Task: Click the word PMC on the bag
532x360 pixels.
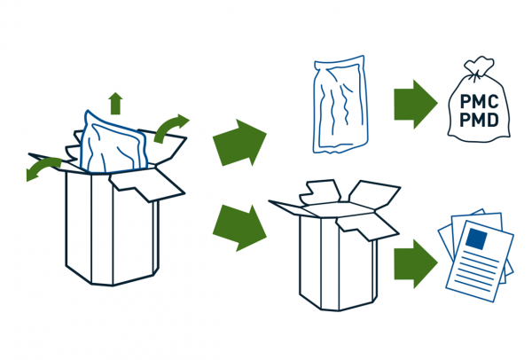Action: (479, 101)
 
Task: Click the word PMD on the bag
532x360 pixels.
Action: (479, 120)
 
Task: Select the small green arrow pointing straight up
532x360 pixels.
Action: (115, 103)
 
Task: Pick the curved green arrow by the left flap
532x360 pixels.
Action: (43, 168)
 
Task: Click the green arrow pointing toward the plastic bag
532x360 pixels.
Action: (239, 143)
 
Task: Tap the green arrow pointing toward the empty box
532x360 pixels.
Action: (239, 228)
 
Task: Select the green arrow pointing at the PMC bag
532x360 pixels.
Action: (416, 104)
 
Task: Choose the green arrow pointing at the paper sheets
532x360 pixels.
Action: (416, 263)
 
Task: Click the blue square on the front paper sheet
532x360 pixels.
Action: (476, 239)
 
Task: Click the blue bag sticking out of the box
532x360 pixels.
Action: (113, 143)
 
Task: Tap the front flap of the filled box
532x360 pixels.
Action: (146, 185)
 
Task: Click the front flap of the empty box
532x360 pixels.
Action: (367, 226)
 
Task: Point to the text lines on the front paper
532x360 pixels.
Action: (476, 270)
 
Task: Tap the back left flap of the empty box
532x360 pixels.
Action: (319, 192)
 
